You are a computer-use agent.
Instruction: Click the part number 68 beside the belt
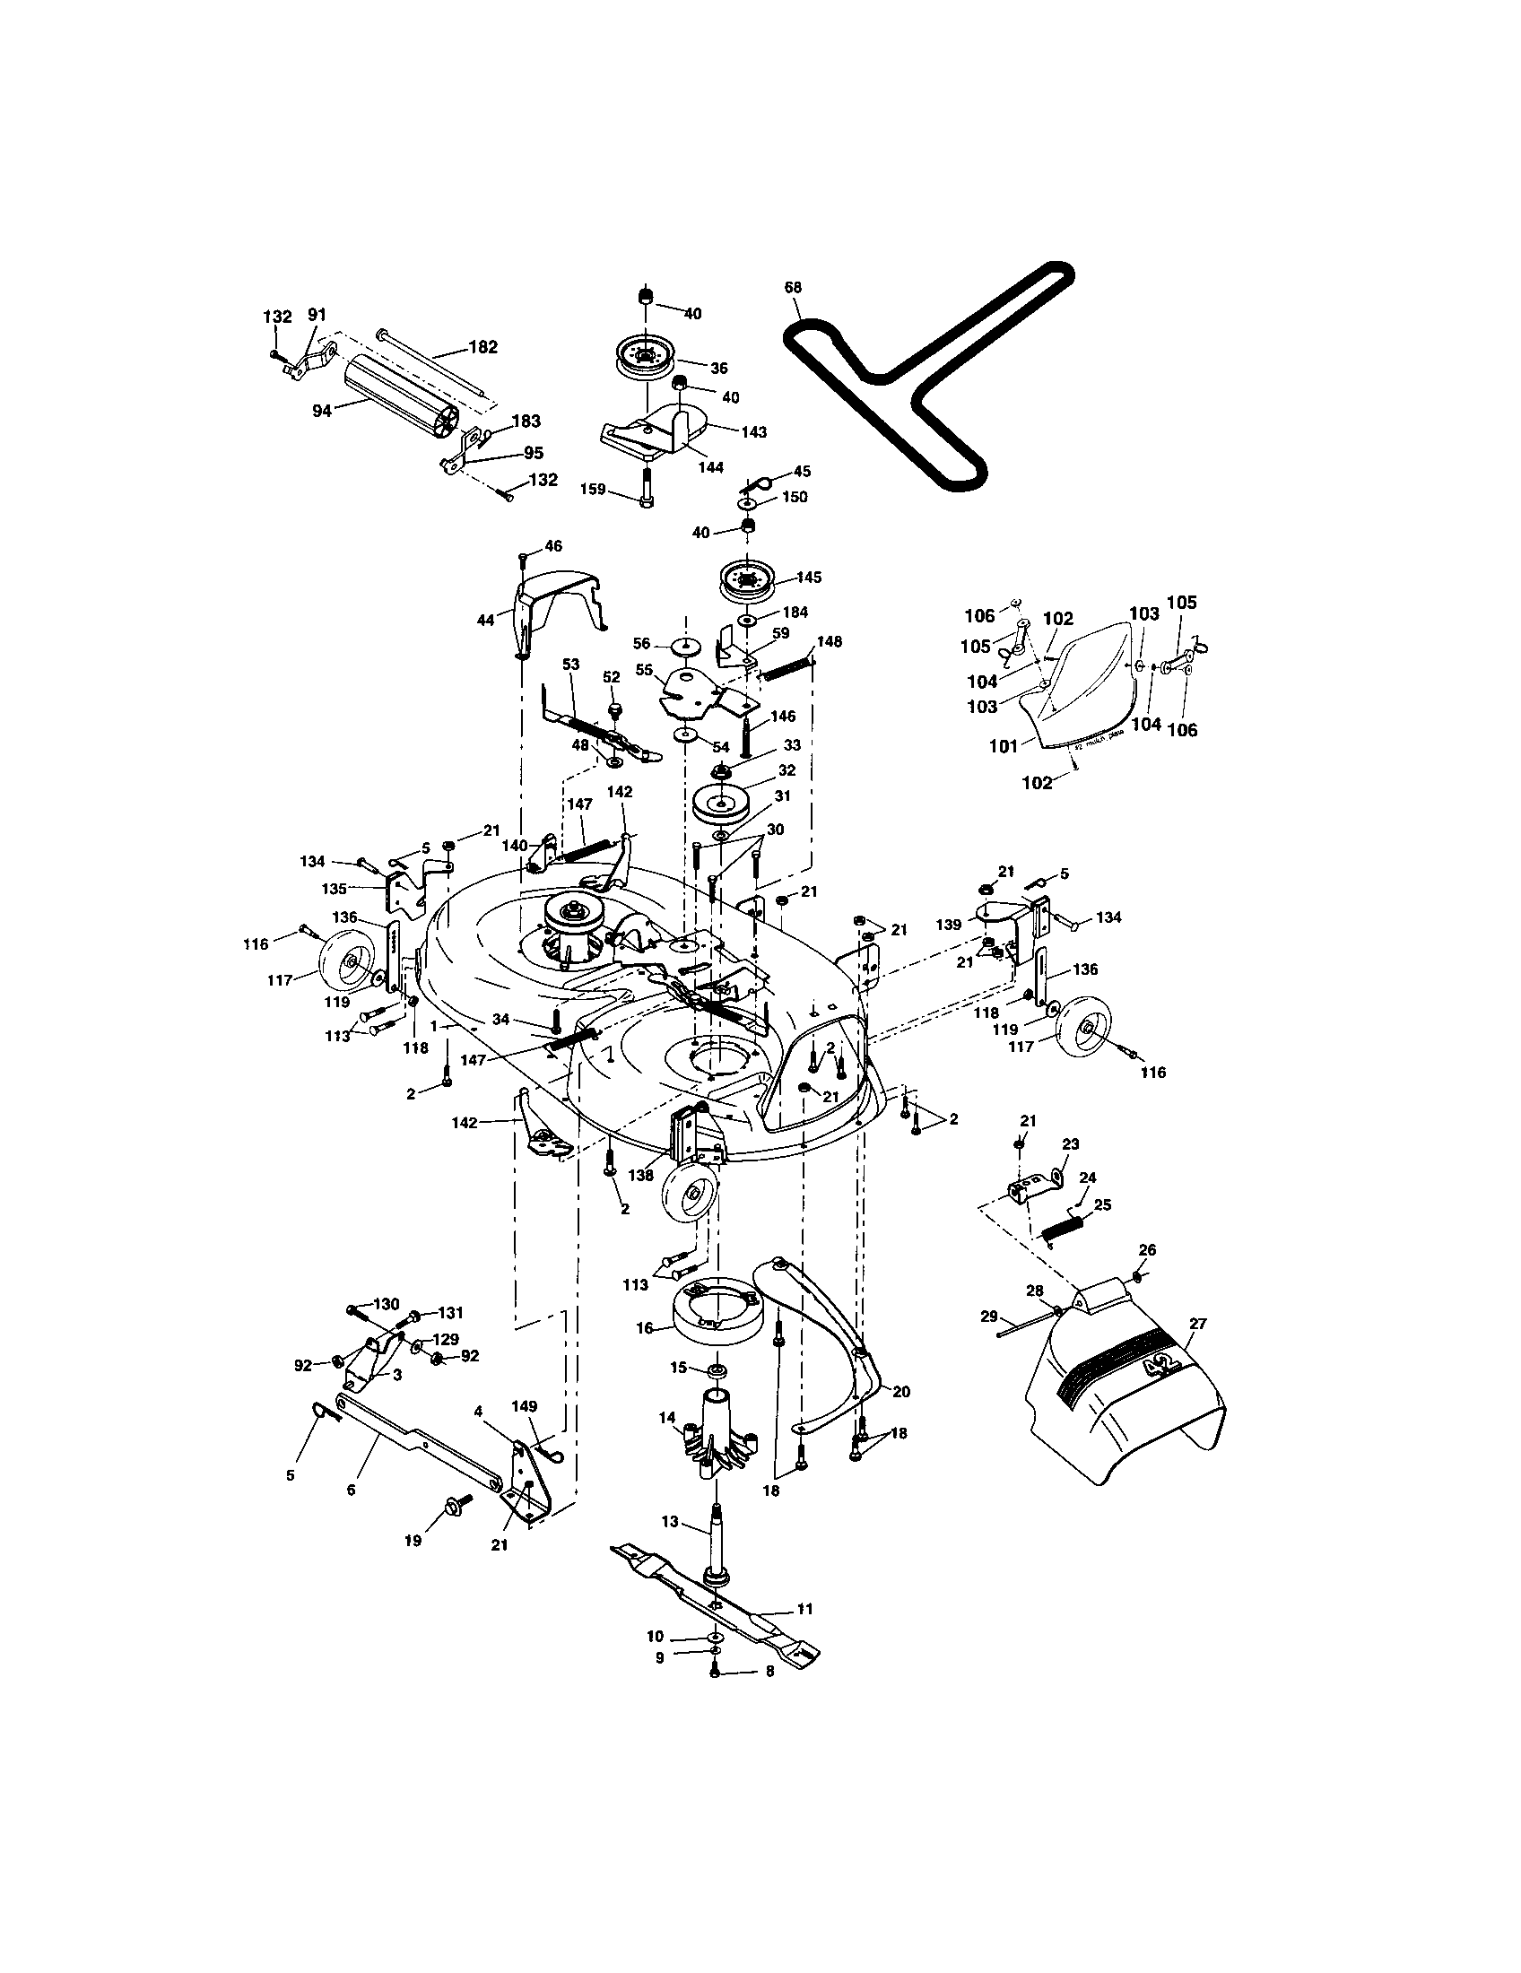(x=792, y=288)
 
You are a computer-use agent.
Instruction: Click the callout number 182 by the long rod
(x=482, y=347)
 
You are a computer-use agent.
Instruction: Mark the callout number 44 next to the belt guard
(x=486, y=620)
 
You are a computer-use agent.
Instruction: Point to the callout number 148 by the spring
(x=829, y=641)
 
